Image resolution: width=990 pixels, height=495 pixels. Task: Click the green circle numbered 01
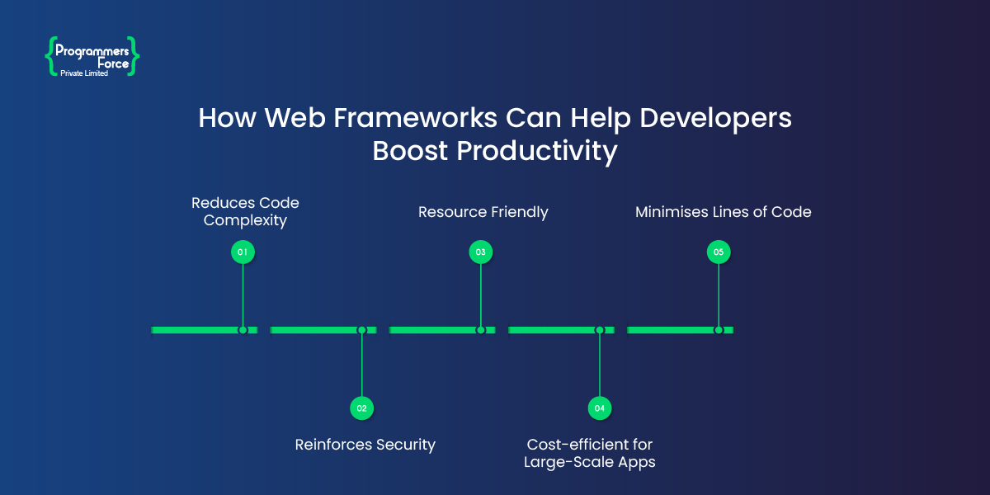pos(243,252)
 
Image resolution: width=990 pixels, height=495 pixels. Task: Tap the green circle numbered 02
pos(361,408)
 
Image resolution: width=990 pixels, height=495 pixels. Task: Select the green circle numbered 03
pos(480,252)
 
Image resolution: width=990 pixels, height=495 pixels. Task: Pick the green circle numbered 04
pos(600,408)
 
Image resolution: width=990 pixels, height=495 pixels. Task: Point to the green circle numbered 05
pos(719,252)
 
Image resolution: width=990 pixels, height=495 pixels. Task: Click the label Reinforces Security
pos(365,445)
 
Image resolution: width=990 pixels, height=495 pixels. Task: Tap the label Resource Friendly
pos(483,212)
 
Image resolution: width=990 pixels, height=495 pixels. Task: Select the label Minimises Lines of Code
pos(723,212)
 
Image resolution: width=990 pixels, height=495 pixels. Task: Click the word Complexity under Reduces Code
pos(245,221)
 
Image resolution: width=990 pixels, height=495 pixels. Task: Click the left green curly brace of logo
pos(49,56)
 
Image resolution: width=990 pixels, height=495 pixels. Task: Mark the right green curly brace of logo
pos(134,56)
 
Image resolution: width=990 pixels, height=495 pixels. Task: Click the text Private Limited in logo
pos(84,73)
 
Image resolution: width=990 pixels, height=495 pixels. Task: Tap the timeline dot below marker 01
pos(243,330)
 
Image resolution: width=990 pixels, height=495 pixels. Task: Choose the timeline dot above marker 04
pos(600,330)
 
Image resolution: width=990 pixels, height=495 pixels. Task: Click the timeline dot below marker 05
pos(719,330)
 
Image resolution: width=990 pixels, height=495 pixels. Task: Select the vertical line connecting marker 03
pos(480,293)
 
